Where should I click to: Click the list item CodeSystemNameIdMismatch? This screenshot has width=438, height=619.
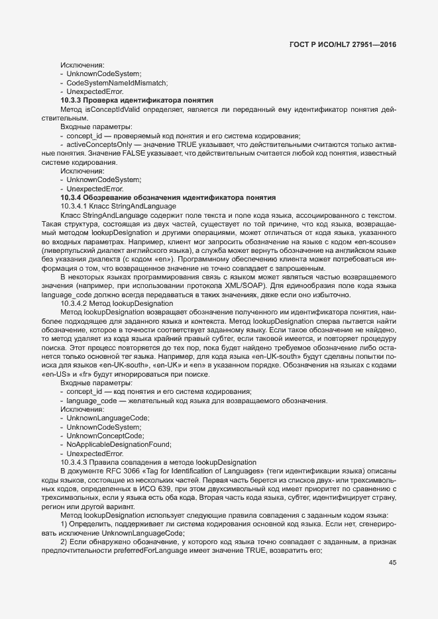tap(117, 82)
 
